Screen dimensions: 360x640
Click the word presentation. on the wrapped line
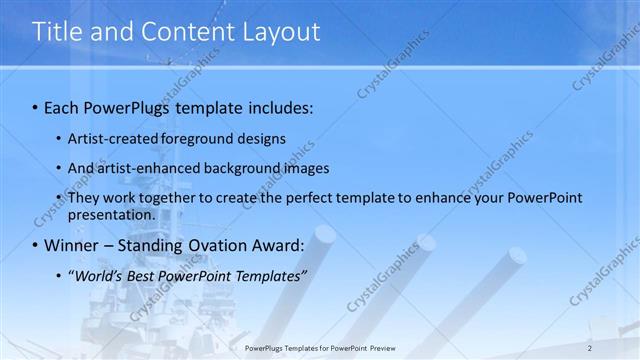click(112, 214)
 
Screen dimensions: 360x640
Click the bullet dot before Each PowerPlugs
click(35, 106)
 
